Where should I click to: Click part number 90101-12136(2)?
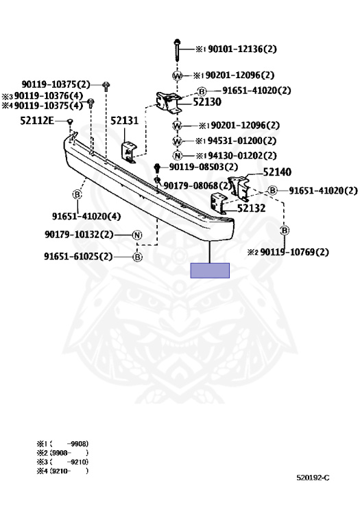[242, 49]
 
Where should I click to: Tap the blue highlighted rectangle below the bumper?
[210, 270]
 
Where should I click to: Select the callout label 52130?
[207, 102]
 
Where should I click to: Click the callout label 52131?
[124, 120]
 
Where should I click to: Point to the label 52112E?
[37, 121]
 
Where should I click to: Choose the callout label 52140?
[277, 172]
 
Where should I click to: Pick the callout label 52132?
[251, 209]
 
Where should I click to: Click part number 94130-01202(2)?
[242, 156]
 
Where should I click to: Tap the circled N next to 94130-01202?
[178, 156]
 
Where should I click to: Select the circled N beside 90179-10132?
[137, 235]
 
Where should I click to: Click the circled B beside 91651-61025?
[137, 257]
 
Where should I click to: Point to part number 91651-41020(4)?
[86, 216]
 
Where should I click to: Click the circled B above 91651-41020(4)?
[77, 194]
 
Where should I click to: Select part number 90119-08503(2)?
[204, 167]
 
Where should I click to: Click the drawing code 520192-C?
[313, 478]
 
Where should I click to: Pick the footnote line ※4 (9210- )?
[62, 471]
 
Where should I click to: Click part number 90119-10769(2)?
[295, 252]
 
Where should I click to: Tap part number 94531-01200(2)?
[242, 141]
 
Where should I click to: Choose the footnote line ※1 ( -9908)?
[62, 444]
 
